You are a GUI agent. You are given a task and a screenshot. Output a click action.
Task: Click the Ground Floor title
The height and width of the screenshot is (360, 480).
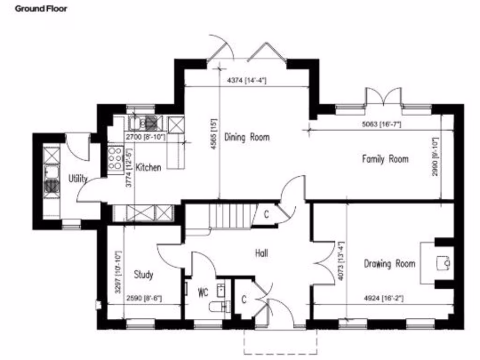click(41, 9)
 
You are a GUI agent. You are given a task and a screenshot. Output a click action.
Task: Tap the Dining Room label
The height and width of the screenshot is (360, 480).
click(247, 137)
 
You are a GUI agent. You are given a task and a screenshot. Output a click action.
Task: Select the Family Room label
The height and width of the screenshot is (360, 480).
click(385, 159)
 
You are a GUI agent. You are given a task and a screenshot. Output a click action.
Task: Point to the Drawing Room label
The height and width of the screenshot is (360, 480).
click(390, 263)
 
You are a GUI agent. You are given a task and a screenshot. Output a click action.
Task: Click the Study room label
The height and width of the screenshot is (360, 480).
click(143, 275)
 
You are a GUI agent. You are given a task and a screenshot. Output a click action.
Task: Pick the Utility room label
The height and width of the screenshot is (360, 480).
click(78, 179)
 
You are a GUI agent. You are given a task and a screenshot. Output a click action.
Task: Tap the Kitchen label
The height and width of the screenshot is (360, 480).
click(148, 167)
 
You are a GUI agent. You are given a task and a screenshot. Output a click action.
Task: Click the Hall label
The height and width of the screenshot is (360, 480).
click(261, 254)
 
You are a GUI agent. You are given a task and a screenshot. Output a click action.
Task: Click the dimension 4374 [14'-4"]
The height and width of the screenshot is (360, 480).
click(247, 80)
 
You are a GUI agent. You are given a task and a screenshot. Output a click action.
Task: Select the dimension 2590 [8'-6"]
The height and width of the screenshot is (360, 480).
click(144, 298)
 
